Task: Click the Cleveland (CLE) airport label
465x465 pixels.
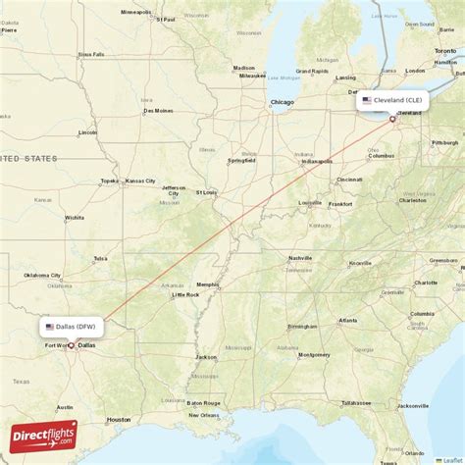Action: [x=392, y=100]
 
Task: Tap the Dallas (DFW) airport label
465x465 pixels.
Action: [x=70, y=327]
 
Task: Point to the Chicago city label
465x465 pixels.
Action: [x=283, y=102]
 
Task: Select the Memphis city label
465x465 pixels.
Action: [x=208, y=284]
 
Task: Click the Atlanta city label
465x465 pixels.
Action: [x=347, y=320]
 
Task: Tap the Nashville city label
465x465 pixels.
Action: [x=299, y=258]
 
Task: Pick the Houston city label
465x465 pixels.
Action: [x=119, y=419]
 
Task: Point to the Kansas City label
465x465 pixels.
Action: [x=139, y=181]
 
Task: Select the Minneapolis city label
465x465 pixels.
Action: [x=137, y=12]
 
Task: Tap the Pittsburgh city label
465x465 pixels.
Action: [x=444, y=142]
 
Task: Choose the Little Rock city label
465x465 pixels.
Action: [x=184, y=294]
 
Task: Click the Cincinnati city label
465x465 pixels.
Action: [x=349, y=180]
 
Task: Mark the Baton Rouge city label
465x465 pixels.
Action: [x=203, y=402]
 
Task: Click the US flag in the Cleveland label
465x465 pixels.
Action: [x=367, y=100]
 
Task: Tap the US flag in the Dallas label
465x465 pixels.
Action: [x=49, y=327]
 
